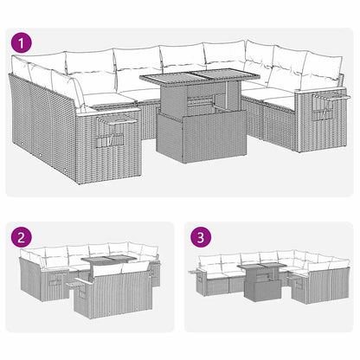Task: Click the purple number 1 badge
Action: point(21,41)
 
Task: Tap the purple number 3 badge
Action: point(202,236)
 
